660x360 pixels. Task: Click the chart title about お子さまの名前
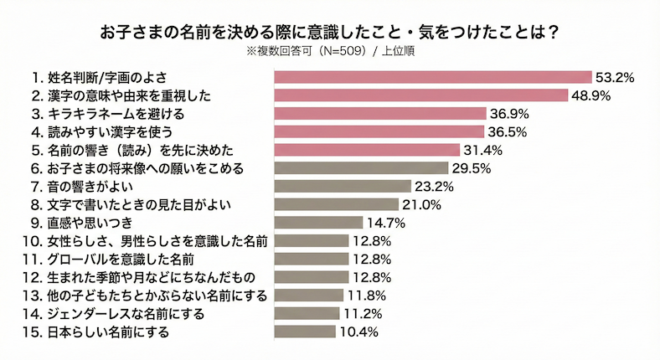click(330, 33)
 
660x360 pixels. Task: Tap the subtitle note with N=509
click(330, 52)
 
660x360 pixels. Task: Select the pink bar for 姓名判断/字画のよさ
click(433, 77)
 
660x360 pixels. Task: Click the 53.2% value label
click(614, 77)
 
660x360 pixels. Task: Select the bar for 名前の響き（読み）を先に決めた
click(368, 150)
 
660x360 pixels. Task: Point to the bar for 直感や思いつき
click(318, 223)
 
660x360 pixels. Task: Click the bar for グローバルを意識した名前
click(312, 259)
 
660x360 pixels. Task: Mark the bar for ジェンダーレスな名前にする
click(307, 314)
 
